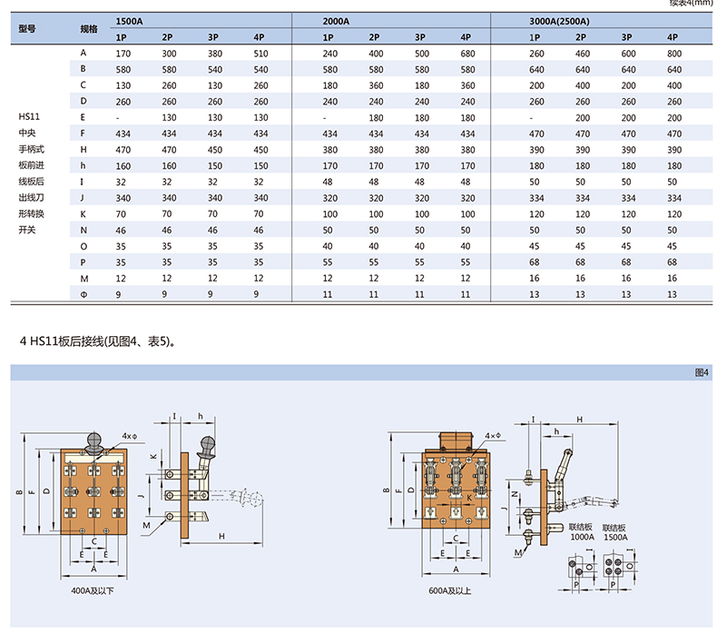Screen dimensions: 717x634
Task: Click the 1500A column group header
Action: [x=129, y=21]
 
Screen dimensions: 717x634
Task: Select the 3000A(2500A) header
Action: [x=559, y=21]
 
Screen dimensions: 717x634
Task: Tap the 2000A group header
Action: [x=336, y=21]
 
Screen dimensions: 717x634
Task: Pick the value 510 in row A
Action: [x=260, y=54]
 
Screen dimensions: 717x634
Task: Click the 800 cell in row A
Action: [x=674, y=54]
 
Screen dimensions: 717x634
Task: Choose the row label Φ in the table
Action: [x=83, y=294]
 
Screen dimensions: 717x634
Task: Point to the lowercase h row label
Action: [x=83, y=165]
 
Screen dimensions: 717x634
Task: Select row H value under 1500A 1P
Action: [x=123, y=150]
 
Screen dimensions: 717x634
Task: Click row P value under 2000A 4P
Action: [x=465, y=263]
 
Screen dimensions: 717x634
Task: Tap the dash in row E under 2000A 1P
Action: [x=325, y=118]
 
